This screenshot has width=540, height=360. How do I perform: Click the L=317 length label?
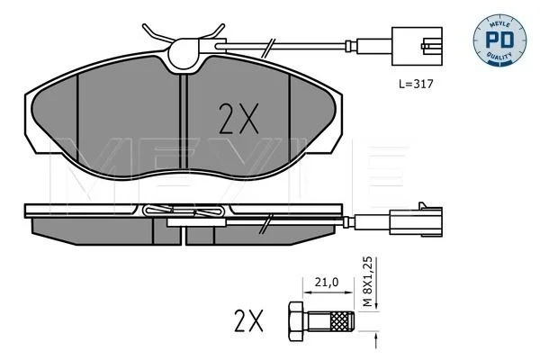(416, 84)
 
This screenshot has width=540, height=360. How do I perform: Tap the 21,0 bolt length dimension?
(327, 283)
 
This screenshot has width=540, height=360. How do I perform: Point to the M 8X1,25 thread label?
(368, 282)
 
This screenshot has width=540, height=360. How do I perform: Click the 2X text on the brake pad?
(238, 119)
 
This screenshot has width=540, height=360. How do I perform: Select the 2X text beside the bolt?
(248, 320)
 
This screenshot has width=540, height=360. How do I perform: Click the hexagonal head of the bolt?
(295, 321)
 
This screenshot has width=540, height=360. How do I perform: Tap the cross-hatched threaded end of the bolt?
(342, 321)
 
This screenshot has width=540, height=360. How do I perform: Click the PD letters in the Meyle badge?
(499, 40)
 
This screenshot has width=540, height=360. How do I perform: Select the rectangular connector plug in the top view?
(417, 46)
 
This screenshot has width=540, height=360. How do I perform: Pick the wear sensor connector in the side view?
(416, 222)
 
